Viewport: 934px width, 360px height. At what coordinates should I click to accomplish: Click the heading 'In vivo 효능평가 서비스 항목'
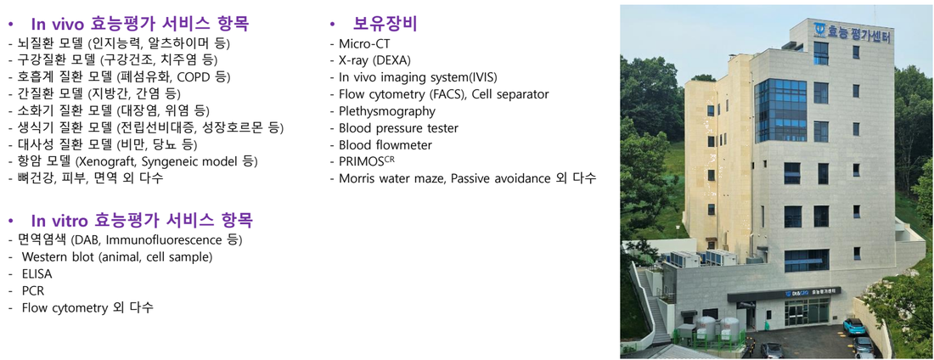(x=140, y=24)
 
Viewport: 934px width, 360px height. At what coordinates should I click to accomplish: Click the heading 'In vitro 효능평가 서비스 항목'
(x=143, y=221)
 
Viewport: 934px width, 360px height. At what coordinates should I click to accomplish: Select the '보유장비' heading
(x=385, y=24)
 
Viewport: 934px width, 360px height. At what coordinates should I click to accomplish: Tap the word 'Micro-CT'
(x=364, y=43)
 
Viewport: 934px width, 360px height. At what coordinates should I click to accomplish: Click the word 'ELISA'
(x=37, y=274)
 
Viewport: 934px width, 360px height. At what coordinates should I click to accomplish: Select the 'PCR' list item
(x=33, y=291)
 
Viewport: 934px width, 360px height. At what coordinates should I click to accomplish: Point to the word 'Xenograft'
(x=104, y=161)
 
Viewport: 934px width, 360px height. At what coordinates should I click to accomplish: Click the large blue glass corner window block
(x=780, y=111)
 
